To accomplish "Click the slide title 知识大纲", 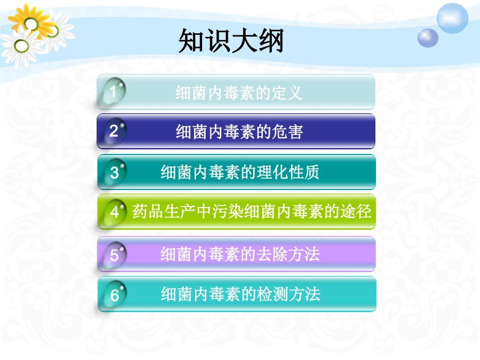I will [231, 41].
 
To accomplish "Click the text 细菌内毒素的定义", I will [238, 93].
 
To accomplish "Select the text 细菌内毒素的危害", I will [239, 132].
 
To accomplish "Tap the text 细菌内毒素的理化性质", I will [240, 173].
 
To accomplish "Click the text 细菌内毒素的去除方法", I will [240, 254].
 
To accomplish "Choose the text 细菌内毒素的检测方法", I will [241, 294].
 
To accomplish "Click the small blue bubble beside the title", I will [428, 37].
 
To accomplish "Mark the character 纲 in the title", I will [271, 41].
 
